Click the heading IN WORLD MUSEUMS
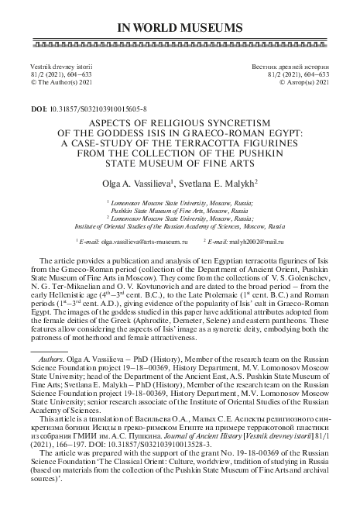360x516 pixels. (x=180, y=29)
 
